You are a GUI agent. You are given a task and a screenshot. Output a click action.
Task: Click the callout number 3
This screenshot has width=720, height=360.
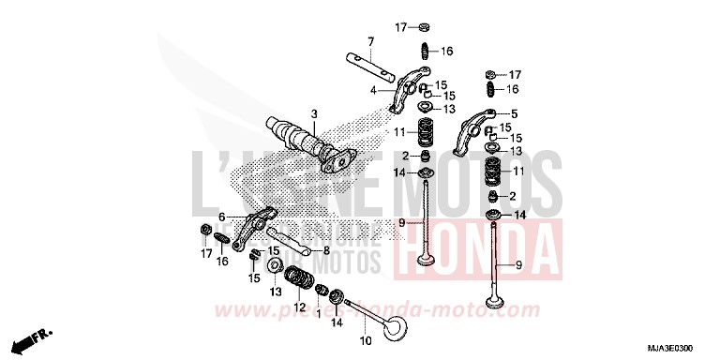coord(314,113)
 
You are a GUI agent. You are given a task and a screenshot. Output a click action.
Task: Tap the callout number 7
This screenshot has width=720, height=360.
coord(370,41)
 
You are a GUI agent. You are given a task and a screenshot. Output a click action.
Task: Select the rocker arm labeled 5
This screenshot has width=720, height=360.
coord(474,132)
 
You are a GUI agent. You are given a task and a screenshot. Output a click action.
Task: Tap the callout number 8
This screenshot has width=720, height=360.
coord(325,250)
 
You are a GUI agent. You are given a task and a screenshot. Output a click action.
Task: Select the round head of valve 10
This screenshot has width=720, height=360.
coord(401,330)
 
